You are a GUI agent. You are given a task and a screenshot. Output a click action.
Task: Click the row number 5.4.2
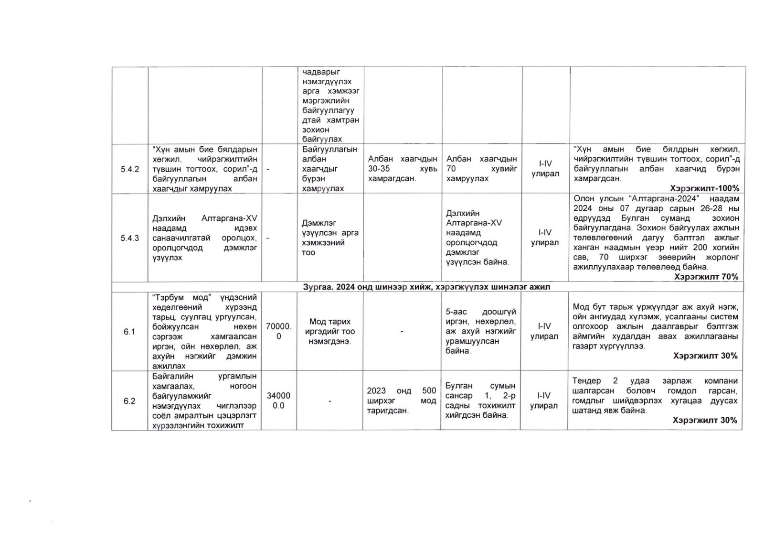pyautogui.click(x=129, y=169)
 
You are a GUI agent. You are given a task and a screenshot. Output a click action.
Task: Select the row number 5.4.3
pyautogui.click(x=129, y=238)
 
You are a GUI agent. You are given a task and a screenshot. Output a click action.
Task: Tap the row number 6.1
pyautogui.click(x=129, y=332)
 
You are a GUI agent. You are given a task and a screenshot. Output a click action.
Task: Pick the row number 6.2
pyautogui.click(x=129, y=401)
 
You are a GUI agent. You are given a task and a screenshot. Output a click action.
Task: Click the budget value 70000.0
pyautogui.click(x=279, y=331)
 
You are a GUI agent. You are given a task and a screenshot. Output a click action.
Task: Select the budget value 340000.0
pyautogui.click(x=278, y=401)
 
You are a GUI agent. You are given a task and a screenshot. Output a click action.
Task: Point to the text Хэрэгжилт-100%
pyautogui.click(x=705, y=188)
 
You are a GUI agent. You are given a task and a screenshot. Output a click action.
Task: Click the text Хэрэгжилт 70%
pyautogui.click(x=706, y=277)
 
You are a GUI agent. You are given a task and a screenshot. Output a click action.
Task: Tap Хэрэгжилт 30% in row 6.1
pyautogui.click(x=705, y=356)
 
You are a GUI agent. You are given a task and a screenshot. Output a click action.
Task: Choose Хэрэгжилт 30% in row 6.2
pyautogui.click(x=705, y=420)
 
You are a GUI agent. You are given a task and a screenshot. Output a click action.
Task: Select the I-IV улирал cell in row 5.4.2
pyautogui.click(x=545, y=169)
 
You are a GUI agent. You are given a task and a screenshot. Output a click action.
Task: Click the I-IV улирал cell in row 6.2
pyautogui.click(x=544, y=401)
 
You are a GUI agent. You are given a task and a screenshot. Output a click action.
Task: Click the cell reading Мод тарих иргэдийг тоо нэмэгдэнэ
pyautogui.click(x=329, y=331)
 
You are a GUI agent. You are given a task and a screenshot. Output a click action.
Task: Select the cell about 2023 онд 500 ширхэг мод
pyautogui.click(x=402, y=401)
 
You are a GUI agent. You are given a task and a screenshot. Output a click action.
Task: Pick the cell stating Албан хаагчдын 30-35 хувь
pyautogui.click(x=403, y=169)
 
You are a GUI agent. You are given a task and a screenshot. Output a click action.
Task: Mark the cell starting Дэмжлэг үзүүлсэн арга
pyautogui.click(x=330, y=238)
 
